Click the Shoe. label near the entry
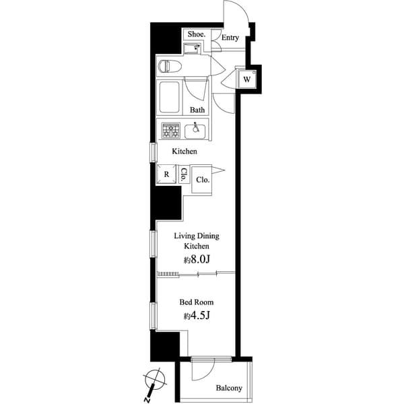[x=195, y=34]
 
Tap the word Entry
[x=230, y=38]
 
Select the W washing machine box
[x=247, y=79]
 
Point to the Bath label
[x=197, y=110]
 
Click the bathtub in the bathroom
[x=169, y=97]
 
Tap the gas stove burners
[x=170, y=130]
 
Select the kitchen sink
[x=197, y=129]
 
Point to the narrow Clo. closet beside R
[x=183, y=175]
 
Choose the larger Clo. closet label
[x=203, y=180]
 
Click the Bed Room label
[x=197, y=302]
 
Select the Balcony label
[x=229, y=389]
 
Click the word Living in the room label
[x=185, y=236]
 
